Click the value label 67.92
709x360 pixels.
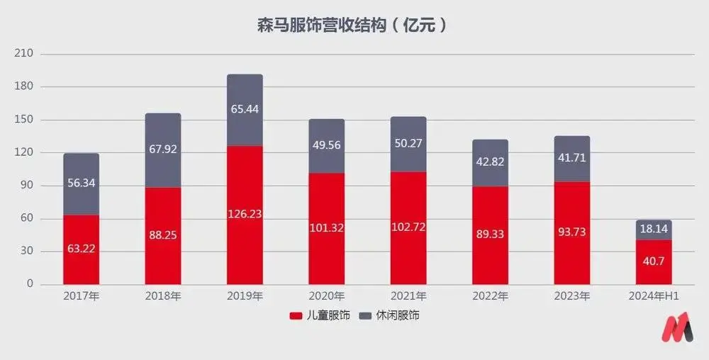point(163,150)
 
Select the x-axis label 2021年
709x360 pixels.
point(408,297)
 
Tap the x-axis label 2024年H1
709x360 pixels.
point(654,297)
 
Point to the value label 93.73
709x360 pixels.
point(572,232)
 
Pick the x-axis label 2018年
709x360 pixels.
point(163,297)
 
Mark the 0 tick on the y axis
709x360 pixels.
point(30,284)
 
